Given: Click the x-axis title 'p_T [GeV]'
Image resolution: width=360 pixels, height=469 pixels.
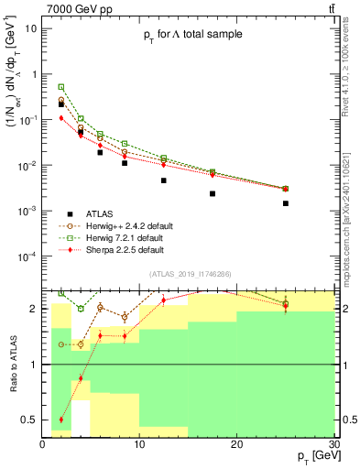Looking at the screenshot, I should pos(311,455).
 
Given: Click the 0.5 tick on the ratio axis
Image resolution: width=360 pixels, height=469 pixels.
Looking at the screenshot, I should pos(32,420).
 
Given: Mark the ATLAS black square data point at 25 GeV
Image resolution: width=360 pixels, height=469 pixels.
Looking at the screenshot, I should pos(286,203).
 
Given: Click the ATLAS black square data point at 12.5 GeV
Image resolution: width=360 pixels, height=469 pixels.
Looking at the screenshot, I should pos(164,180).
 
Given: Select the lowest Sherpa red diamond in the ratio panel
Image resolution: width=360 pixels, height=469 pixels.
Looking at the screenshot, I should pos(61,420).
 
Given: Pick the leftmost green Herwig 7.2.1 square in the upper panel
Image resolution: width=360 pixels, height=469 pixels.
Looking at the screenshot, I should pos(61,87).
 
